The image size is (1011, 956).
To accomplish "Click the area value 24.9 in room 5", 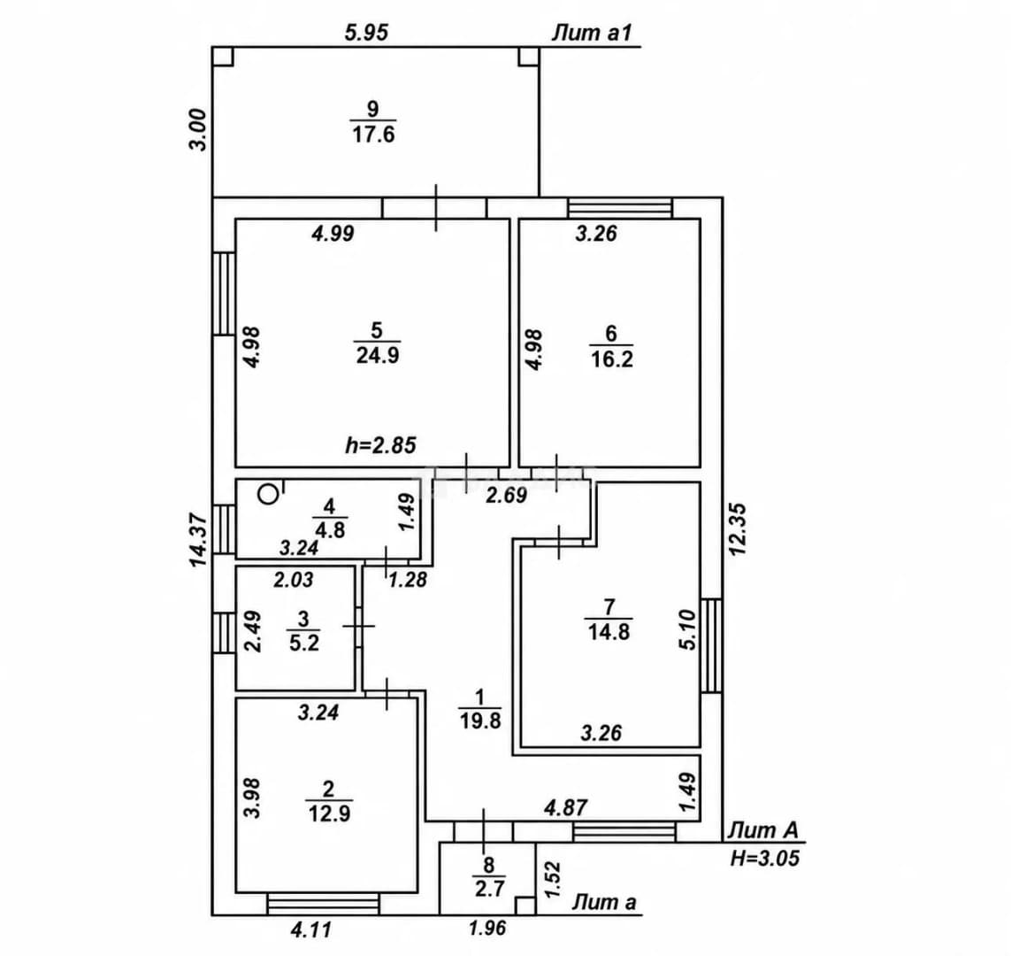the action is pos(378,356).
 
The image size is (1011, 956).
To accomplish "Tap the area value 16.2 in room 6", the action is pos(612,358).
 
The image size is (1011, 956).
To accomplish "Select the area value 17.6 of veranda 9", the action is pos(373,135).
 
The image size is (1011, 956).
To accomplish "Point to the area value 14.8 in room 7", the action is pos(609,631).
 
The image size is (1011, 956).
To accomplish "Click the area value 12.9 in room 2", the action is pos(329,813).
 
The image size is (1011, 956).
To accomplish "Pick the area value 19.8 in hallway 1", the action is pos(479,720).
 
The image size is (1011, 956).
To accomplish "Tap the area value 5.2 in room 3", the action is pos(304,644).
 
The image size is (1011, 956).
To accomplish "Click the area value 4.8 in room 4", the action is pos(330,530).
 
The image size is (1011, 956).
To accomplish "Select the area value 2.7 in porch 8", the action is pos(489,890).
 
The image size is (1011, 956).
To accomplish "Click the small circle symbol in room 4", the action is pos(268,495).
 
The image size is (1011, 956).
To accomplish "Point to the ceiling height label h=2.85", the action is pos(381,445).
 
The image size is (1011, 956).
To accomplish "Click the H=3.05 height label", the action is pos(765,858).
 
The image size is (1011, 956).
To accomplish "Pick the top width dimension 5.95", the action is pos(367,32).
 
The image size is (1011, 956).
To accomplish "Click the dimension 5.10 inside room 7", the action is pos(688,629).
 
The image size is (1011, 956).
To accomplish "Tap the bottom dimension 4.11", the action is pos(312,929).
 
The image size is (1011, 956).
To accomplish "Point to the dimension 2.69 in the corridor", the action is pos(507,496).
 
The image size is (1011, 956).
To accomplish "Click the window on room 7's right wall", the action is pos(711,645).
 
